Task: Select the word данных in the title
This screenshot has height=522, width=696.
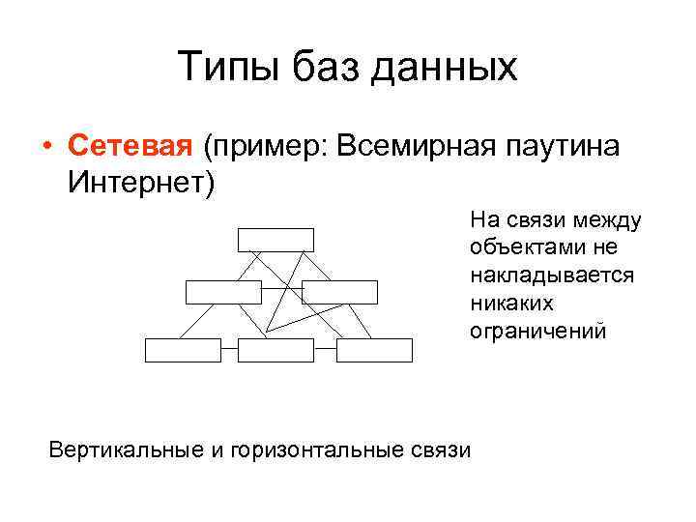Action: point(444,69)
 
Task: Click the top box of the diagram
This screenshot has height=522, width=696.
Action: point(275,240)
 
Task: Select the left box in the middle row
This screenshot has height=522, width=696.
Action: point(223,292)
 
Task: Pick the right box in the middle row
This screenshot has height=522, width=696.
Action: point(339,292)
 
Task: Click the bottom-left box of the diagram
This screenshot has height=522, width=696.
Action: point(183,350)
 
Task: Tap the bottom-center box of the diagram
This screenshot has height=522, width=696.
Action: point(275,350)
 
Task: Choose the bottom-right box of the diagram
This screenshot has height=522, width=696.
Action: point(375,350)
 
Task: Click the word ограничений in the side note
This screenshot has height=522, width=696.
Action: point(537,332)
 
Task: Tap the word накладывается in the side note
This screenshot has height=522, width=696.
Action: point(552,275)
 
